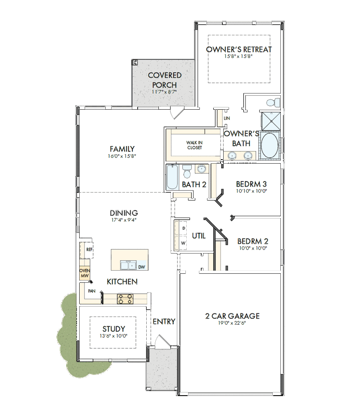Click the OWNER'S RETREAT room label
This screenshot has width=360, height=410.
pyautogui.click(x=239, y=49)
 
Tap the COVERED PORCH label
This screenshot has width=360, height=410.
pyautogui.click(x=164, y=80)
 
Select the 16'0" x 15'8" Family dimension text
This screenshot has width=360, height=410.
pyautogui.click(x=122, y=156)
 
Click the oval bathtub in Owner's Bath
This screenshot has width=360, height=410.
pyautogui.click(x=270, y=145)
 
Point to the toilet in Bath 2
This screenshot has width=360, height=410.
pyautogui.click(x=187, y=171)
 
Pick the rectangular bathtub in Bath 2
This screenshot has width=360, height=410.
pyautogui.click(x=172, y=177)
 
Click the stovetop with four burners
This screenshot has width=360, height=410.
pyautogui.click(x=125, y=299)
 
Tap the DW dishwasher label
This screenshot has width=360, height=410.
pyautogui.click(x=141, y=267)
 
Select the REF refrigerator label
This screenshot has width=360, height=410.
pyautogui.click(x=90, y=250)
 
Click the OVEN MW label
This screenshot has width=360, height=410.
pyautogui.click(x=85, y=273)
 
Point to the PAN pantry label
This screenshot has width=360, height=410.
pyautogui.click(x=92, y=291)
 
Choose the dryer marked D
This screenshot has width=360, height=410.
pyautogui.click(x=184, y=228)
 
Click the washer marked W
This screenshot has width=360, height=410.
pyautogui.click(x=183, y=243)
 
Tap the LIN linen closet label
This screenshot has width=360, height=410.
pyautogui.click(x=227, y=118)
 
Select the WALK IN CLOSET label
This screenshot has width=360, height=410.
pyautogui.click(x=194, y=145)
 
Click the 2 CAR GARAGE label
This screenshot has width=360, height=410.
pyautogui.click(x=232, y=316)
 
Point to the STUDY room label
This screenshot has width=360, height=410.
pyautogui.click(x=114, y=329)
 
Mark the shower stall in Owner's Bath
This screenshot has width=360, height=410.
pyautogui.click(x=271, y=121)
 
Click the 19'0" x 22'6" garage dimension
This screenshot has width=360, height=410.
pyautogui.click(x=232, y=323)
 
